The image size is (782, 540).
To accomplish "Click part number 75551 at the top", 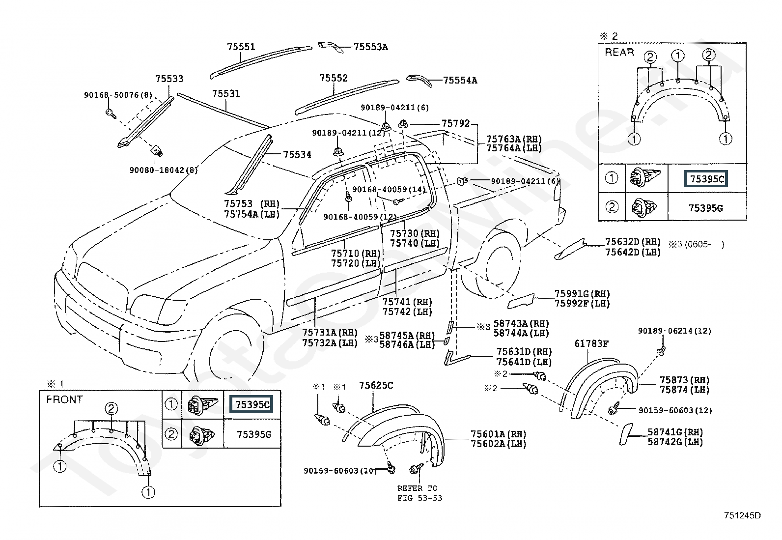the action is tap(241, 47).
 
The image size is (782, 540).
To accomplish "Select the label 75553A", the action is tap(371, 47).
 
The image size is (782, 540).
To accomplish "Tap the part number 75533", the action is tap(169, 79).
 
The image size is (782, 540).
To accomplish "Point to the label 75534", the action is tap(297, 154).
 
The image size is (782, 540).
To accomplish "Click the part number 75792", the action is tap(455, 123).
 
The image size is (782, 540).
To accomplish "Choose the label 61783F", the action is tap(591, 343).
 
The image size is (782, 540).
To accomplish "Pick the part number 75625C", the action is tap(376, 385).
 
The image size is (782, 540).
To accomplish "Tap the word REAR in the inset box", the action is tap(619, 53).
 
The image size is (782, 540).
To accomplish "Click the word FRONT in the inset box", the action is tap(64, 399).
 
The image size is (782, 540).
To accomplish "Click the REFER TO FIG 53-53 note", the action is tap(419, 493).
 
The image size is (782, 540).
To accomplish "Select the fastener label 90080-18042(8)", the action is tap(164, 170).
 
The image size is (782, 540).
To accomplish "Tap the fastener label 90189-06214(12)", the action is tap(674, 331).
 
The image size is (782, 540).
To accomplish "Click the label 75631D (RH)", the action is tap(524, 351).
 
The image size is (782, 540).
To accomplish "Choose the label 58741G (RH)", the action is tap(675, 432).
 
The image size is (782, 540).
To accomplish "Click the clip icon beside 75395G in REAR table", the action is tap(644, 207).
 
